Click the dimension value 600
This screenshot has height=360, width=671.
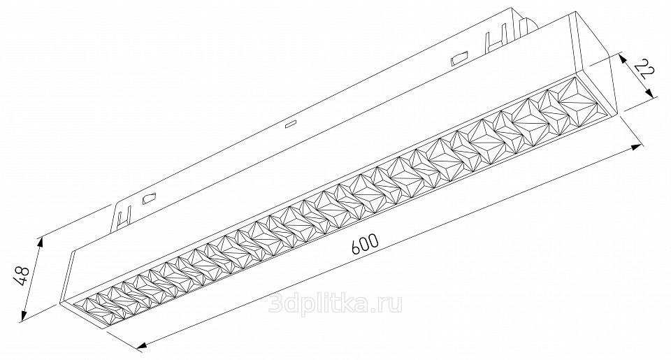click(365, 244)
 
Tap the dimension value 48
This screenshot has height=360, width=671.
click(22, 275)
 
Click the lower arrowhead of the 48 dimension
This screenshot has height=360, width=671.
click(24, 315)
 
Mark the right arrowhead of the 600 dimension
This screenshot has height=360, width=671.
click(636, 147)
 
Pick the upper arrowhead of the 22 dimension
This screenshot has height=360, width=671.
click(623, 59)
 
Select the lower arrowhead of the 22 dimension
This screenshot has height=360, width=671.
click(651, 93)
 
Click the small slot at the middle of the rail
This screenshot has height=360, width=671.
click(291, 124)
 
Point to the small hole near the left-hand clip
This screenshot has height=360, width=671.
click(148, 199)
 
